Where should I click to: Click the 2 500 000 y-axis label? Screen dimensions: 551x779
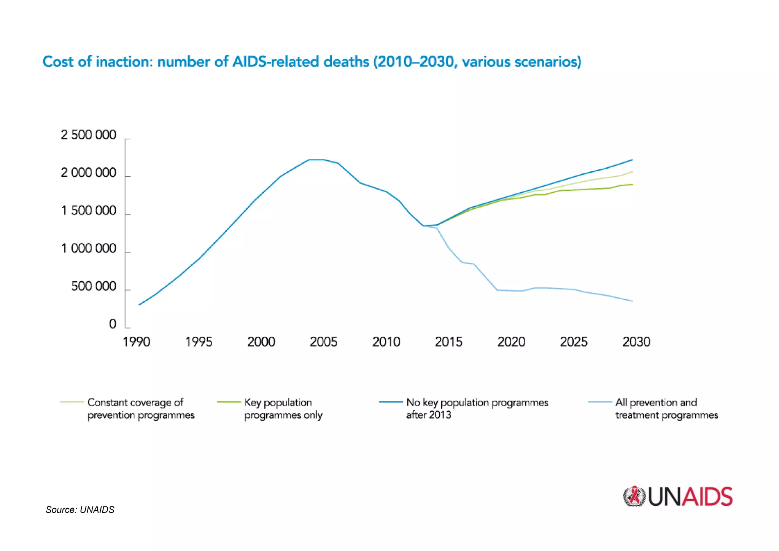(x=88, y=135)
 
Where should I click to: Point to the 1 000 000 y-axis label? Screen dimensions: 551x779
(x=88, y=249)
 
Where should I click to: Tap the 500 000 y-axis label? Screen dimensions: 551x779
(x=93, y=286)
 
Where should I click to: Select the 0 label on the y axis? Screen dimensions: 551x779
(x=112, y=324)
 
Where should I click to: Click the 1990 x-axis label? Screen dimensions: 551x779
(x=136, y=342)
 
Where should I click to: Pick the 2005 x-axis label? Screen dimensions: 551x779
(x=323, y=342)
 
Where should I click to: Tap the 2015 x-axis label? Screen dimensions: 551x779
(x=448, y=342)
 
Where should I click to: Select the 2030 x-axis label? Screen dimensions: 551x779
(x=636, y=342)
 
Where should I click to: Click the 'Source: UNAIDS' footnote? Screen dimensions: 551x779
(x=80, y=510)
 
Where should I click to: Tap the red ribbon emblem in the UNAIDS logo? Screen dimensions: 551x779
(x=634, y=496)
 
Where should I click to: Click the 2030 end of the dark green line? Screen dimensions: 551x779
(x=632, y=184)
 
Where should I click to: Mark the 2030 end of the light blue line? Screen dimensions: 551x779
(x=632, y=301)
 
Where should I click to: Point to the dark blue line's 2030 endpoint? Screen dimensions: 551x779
(x=632, y=160)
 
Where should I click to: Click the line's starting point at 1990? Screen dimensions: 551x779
(x=139, y=305)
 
